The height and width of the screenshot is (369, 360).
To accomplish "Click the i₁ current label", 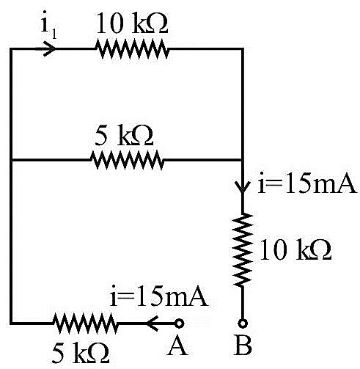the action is (x=48, y=25).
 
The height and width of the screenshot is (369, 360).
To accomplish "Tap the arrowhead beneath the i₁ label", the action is (x=50, y=48).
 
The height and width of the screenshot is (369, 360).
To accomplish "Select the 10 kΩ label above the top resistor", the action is (x=132, y=23).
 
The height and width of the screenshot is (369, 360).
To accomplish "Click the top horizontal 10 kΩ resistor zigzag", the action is (x=132, y=49).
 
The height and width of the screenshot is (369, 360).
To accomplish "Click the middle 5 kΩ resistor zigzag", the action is (x=127, y=160).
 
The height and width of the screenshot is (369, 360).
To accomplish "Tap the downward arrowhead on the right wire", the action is (x=243, y=186).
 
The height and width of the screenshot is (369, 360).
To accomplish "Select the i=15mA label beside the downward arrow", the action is (x=306, y=183).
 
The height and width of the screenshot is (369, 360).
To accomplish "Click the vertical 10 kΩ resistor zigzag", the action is (x=243, y=249).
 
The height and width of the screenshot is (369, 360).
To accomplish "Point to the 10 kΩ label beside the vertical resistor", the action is (x=295, y=249).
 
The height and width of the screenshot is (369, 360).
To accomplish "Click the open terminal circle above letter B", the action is (x=243, y=324).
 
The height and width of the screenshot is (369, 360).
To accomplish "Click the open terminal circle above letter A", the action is (x=180, y=324).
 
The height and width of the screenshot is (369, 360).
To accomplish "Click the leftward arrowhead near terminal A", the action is (x=153, y=324).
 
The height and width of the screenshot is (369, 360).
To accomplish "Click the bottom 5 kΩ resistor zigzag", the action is (x=86, y=324).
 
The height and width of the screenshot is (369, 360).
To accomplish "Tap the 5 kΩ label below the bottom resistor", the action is (x=81, y=353).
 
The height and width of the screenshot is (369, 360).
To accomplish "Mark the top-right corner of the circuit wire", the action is (x=243, y=49).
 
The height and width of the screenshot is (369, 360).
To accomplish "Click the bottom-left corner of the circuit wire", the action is (x=11, y=324).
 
